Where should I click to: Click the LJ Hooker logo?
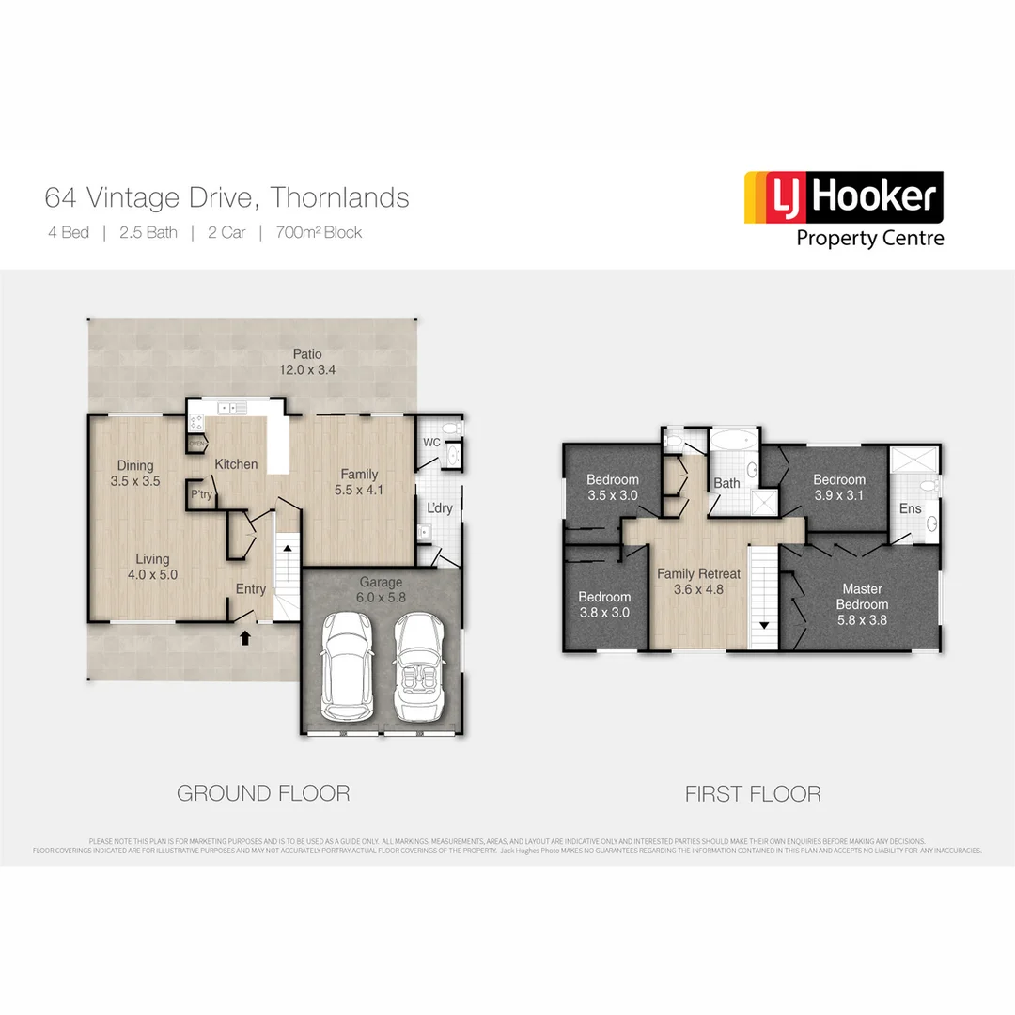[x=843, y=208]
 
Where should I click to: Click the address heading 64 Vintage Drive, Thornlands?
[x=226, y=198]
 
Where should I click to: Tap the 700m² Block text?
[x=319, y=232]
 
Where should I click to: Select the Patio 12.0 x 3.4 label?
[x=306, y=362]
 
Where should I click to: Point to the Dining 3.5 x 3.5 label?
[x=135, y=473]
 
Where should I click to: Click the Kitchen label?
[x=236, y=464]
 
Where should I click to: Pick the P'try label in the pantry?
[x=200, y=494]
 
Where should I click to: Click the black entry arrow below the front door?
[x=245, y=638]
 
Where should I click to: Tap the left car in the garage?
[x=345, y=667]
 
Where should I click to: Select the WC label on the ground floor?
[x=431, y=441]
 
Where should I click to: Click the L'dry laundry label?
[x=440, y=507]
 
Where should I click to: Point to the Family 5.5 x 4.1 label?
[x=360, y=481]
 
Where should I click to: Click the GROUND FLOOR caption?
[x=263, y=793]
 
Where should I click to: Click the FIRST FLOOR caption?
[x=752, y=794]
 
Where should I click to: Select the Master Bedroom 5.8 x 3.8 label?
[x=862, y=604]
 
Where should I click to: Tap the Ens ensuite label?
[x=910, y=508]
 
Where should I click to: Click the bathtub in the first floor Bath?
[x=730, y=440]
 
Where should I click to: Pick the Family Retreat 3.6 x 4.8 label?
[x=698, y=582]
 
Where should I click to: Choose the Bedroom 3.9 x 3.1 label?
[x=838, y=487]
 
